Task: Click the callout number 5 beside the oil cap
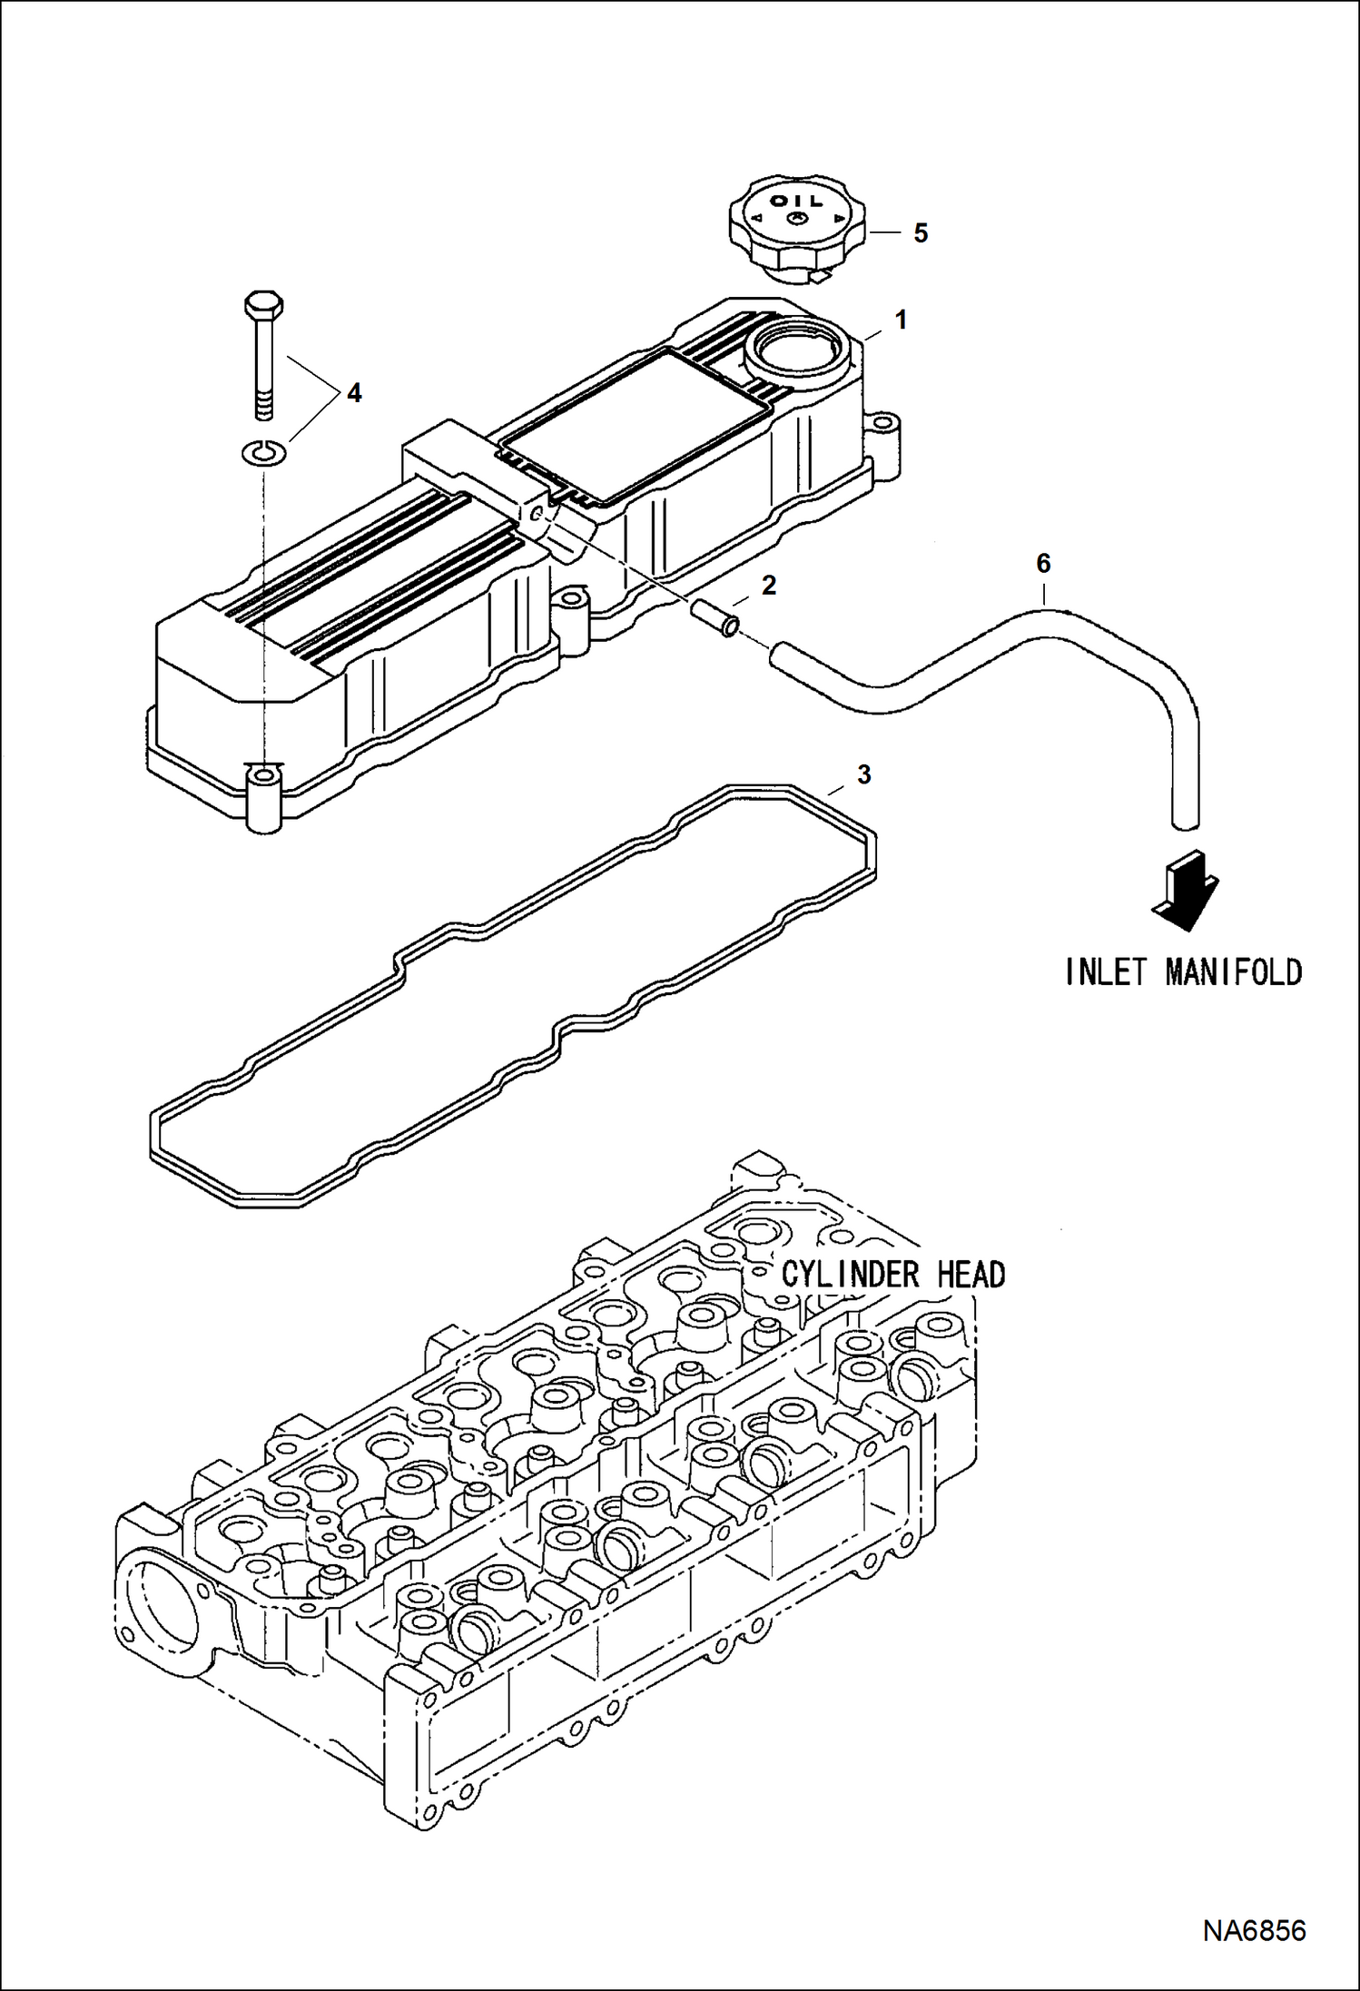pyautogui.click(x=921, y=233)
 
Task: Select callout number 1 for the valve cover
pyautogui.click(x=901, y=320)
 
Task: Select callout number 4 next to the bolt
pyautogui.click(x=353, y=393)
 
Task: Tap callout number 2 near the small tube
pyautogui.click(x=769, y=586)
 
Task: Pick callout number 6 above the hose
pyautogui.click(x=1043, y=564)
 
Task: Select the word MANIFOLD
pyautogui.click(x=1234, y=972)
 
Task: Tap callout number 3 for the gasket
pyautogui.click(x=863, y=774)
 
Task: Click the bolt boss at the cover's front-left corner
pyautogui.click(x=264, y=796)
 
